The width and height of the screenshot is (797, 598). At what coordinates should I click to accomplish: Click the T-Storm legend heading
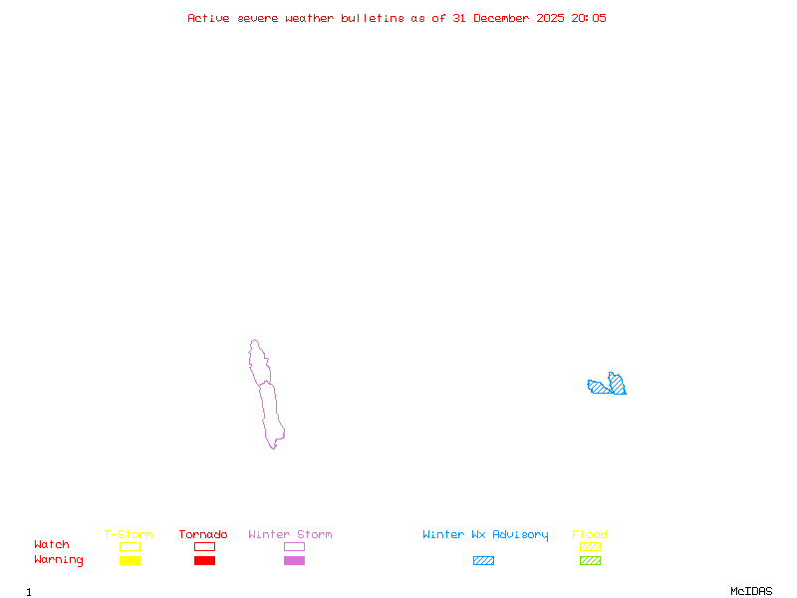(129, 535)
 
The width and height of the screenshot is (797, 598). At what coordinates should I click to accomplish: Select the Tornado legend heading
(203, 535)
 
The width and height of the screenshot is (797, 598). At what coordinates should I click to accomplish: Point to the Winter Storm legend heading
(290, 535)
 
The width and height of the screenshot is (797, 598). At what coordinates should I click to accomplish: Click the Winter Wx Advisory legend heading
(485, 535)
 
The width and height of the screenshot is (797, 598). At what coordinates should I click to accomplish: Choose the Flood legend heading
(590, 535)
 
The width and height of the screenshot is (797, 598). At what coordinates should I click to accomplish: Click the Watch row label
(52, 545)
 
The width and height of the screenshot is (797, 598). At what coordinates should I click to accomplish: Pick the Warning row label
(59, 560)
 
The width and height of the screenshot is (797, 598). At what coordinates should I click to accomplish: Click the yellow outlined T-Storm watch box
(130, 546)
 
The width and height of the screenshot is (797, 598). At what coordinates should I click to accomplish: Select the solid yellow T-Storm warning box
(130, 561)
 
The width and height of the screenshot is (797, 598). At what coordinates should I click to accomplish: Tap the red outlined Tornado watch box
(204, 546)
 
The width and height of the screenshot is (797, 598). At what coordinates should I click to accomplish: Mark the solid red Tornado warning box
(204, 561)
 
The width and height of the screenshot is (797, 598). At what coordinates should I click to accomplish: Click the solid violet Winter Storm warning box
(294, 561)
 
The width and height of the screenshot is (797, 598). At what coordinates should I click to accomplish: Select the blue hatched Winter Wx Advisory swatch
(483, 561)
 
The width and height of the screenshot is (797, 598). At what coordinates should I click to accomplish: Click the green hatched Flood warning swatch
(590, 561)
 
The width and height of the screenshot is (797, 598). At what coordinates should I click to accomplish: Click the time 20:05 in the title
(589, 18)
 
